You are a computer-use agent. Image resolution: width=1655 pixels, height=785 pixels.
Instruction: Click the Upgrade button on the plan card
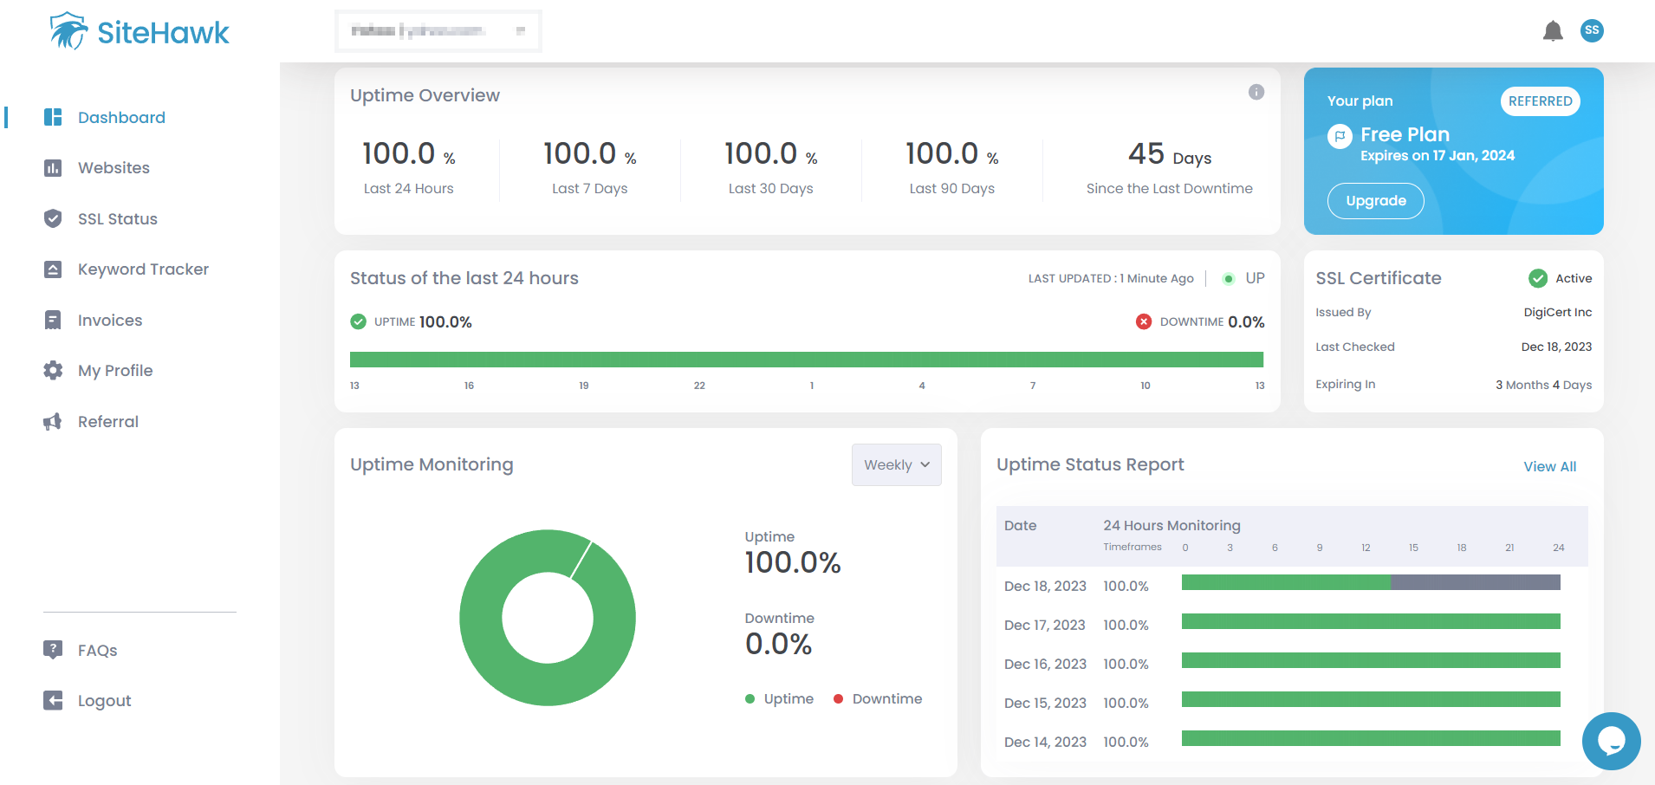[1375, 201]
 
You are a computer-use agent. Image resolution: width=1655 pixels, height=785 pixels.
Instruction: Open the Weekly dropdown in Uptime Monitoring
[896, 465]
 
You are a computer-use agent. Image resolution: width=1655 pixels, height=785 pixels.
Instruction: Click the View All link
[1549, 466]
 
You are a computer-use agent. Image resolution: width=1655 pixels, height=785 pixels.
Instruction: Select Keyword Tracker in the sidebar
[143, 269]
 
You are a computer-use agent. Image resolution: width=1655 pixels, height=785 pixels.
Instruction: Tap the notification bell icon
[1553, 31]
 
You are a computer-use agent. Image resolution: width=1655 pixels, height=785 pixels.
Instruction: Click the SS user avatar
[1592, 30]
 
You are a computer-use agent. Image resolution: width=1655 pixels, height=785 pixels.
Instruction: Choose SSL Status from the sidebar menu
[117, 219]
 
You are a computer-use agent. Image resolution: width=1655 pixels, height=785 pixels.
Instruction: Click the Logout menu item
[104, 701]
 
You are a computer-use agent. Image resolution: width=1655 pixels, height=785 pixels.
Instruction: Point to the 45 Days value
[1169, 155]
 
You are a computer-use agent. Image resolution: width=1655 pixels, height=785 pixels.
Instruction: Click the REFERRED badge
[1540, 101]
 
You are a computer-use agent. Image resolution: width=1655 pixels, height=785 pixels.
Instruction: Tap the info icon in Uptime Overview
[1256, 92]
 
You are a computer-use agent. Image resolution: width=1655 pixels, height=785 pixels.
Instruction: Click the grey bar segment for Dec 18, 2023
[1475, 582]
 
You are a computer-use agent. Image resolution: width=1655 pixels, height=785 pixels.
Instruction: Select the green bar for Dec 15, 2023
[1370, 699]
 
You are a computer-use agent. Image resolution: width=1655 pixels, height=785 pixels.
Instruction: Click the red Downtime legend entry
[878, 699]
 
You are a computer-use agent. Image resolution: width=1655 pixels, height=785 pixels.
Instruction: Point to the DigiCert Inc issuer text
[1557, 313]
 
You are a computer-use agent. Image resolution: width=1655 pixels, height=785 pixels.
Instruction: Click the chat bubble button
[1611, 741]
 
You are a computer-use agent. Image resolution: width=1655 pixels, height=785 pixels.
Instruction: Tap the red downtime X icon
[1144, 321]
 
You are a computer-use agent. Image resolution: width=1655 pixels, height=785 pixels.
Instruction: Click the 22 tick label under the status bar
[699, 386]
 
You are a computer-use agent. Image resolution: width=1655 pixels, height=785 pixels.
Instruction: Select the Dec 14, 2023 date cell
[1045, 743]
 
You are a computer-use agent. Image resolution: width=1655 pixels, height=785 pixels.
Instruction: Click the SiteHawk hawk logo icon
[68, 31]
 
